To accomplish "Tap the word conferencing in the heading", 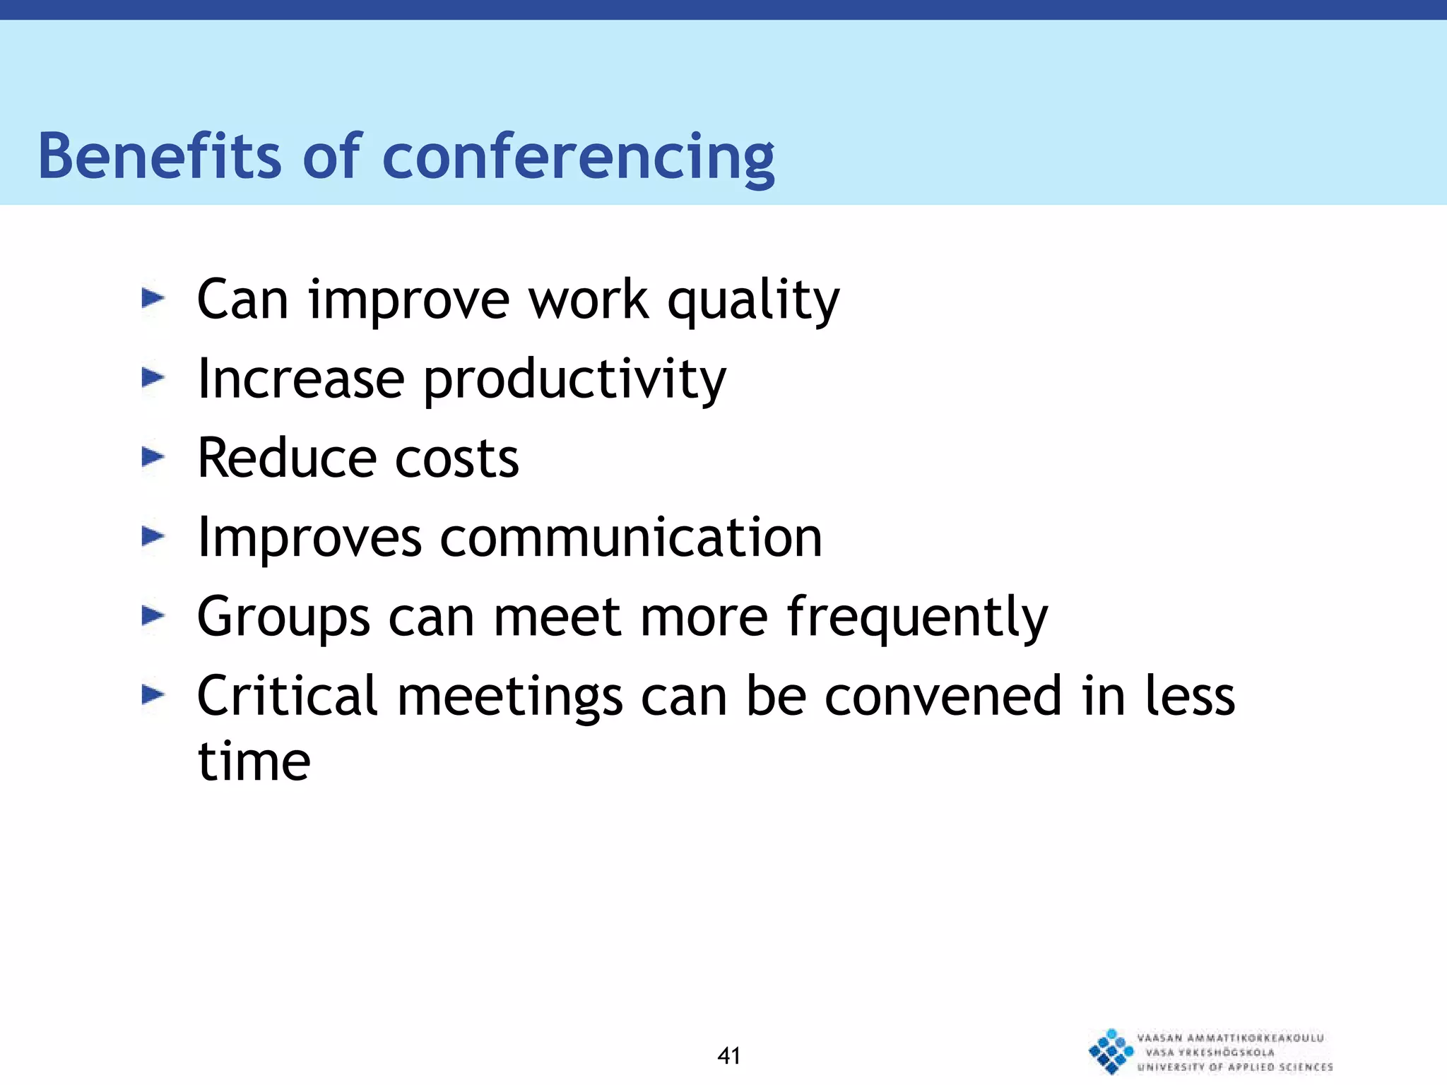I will point(578,158).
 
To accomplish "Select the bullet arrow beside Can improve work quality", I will point(153,299).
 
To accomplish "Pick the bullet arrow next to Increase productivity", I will point(153,378).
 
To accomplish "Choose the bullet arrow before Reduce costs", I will point(153,457).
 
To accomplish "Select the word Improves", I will point(309,539).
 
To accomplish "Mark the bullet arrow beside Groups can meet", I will point(153,616).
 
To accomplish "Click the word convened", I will point(943,696).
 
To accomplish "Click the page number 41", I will point(728,1055).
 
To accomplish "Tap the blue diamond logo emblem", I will point(1111,1051).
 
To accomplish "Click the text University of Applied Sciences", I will point(1234,1067).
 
